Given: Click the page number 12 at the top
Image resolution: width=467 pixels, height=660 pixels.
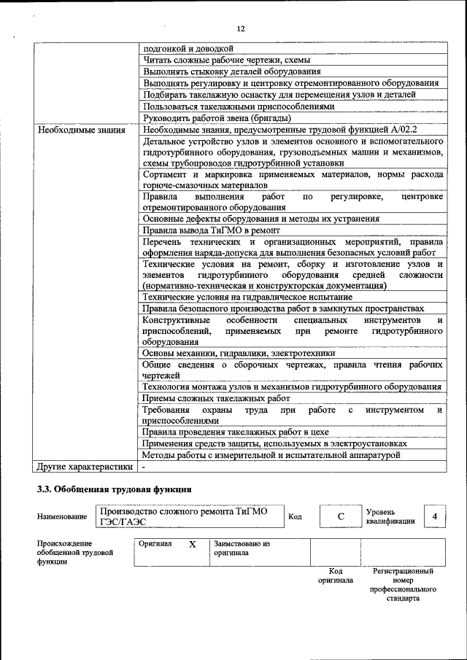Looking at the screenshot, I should (x=240, y=28).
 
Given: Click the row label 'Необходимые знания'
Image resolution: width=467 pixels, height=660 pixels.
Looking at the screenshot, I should (x=78, y=130).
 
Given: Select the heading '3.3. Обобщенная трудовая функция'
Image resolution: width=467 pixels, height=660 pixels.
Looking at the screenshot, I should (x=115, y=489).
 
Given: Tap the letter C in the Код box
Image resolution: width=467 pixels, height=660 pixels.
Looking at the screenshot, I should (x=340, y=517).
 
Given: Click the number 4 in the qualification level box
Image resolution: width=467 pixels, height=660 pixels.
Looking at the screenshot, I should (x=435, y=517).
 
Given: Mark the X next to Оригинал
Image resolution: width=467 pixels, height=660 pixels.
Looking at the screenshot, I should (x=193, y=545).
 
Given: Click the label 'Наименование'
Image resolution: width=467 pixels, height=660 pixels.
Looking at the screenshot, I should (x=61, y=517).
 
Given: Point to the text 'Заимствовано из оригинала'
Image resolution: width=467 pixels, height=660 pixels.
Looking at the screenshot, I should (x=242, y=548).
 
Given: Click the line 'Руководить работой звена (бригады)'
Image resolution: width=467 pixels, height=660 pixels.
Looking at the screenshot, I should (x=217, y=118).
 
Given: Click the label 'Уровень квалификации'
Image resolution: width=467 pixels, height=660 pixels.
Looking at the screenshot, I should (x=390, y=517).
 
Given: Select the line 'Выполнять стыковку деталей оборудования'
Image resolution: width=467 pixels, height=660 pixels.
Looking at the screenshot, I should (x=232, y=71).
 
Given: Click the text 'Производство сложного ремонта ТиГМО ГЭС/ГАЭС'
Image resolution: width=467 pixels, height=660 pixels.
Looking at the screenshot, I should (x=182, y=517).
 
